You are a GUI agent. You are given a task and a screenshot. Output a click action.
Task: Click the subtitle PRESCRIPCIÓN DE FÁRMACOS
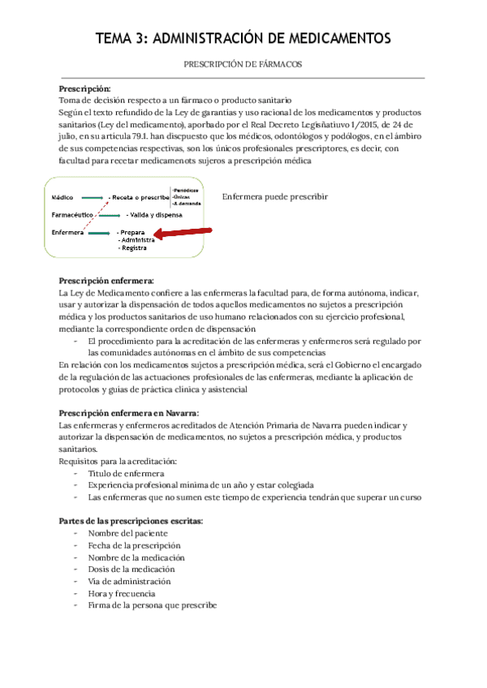coord(243,62)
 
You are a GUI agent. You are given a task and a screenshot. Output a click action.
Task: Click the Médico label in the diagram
coord(62,197)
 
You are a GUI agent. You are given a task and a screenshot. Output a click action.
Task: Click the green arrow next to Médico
coord(92,197)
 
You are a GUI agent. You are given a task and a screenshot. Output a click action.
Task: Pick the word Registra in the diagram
coord(133,248)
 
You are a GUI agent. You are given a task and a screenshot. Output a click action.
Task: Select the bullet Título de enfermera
coord(126,473)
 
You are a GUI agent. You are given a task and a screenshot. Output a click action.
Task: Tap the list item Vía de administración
coord(130,582)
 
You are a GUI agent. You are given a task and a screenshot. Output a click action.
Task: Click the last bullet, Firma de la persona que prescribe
coord(152,606)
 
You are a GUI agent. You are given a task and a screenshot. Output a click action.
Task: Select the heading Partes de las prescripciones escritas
coord(131,520)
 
